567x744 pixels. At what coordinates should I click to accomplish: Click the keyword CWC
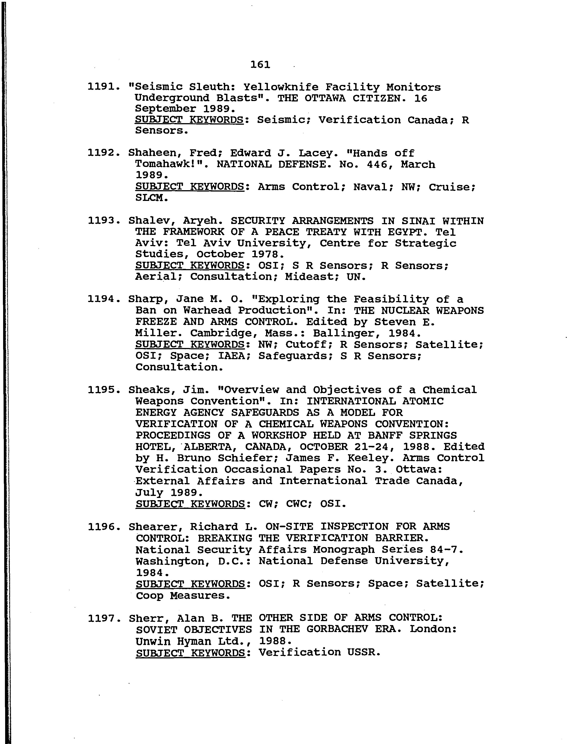pyautogui.click(x=299, y=504)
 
